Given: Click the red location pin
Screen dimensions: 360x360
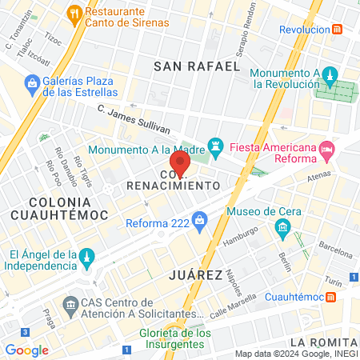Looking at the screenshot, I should (x=180, y=164).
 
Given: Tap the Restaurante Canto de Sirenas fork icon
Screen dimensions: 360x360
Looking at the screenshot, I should (x=74, y=12).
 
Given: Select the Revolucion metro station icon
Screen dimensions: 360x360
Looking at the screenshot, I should (x=338, y=30).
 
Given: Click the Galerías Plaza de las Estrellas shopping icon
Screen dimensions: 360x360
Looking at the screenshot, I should (x=32, y=82).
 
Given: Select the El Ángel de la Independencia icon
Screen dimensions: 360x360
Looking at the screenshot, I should (x=88, y=257).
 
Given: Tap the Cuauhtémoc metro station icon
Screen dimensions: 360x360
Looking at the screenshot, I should (x=330, y=297).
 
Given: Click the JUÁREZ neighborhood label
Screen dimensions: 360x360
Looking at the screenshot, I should (x=196, y=275).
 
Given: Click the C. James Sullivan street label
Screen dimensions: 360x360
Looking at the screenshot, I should (x=134, y=118).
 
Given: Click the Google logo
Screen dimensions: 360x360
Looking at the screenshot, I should (x=26, y=350).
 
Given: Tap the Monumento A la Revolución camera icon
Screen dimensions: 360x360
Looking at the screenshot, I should (x=328, y=73).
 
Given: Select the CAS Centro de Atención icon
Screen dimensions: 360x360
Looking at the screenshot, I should (x=69, y=306).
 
